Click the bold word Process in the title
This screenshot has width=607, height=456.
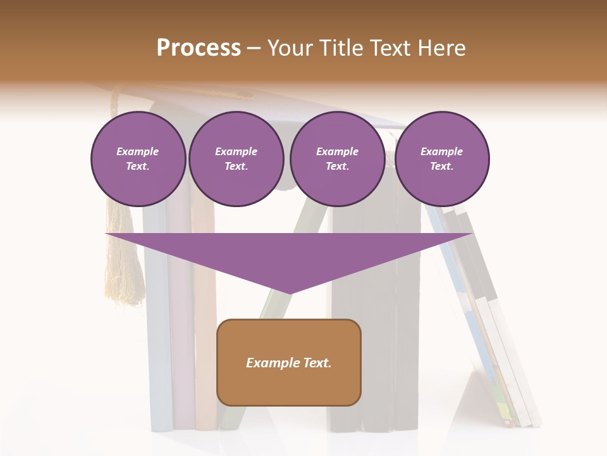(x=199, y=47)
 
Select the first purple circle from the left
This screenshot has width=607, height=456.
(x=138, y=159)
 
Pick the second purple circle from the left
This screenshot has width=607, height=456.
(x=236, y=159)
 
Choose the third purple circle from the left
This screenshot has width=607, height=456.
(x=337, y=159)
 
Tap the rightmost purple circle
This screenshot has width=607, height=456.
(x=441, y=159)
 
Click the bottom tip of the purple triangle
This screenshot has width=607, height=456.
(x=289, y=292)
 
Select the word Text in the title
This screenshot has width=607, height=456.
(x=389, y=47)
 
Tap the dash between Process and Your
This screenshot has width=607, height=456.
(x=254, y=48)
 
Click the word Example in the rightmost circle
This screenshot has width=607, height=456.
(x=441, y=151)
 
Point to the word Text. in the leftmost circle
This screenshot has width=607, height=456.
(x=138, y=166)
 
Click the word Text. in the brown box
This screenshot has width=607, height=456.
(x=317, y=363)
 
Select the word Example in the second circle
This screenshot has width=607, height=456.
(x=236, y=151)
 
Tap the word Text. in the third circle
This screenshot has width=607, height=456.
(x=337, y=166)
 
